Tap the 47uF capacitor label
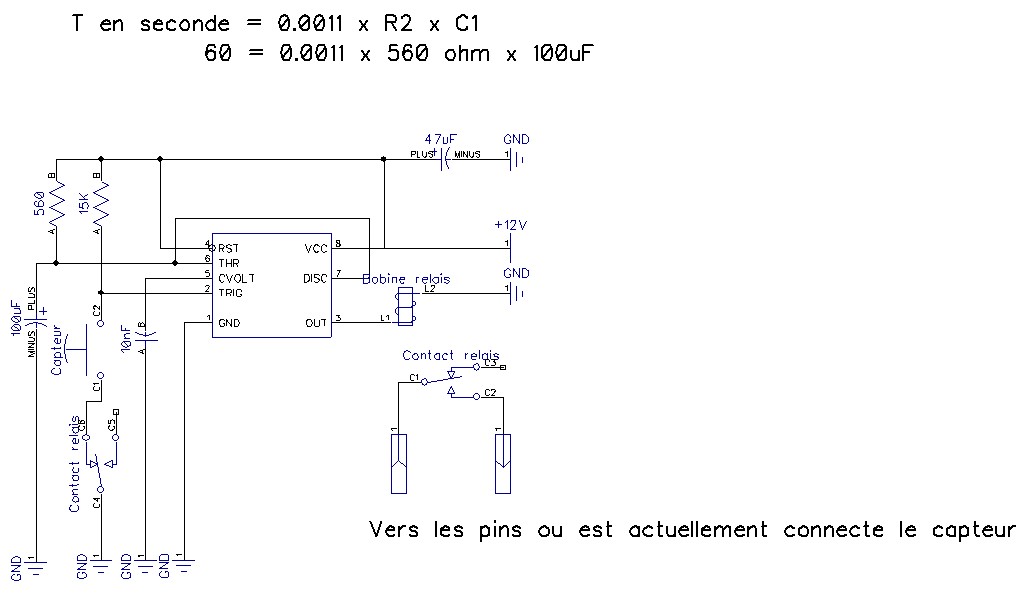click(x=439, y=139)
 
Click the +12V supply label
click(x=510, y=225)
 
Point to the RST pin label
click(x=229, y=247)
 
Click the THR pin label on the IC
click(x=229, y=262)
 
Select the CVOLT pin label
click(x=236, y=277)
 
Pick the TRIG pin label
click(x=230, y=292)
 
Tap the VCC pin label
click(x=315, y=247)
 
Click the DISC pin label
click(x=315, y=277)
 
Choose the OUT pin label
click(x=316, y=322)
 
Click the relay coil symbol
click(x=405, y=305)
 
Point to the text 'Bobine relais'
click(x=406, y=279)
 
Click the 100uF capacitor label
click(x=16, y=320)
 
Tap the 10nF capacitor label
click(x=125, y=338)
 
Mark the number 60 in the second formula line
click(x=217, y=53)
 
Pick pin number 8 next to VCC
click(x=338, y=243)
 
